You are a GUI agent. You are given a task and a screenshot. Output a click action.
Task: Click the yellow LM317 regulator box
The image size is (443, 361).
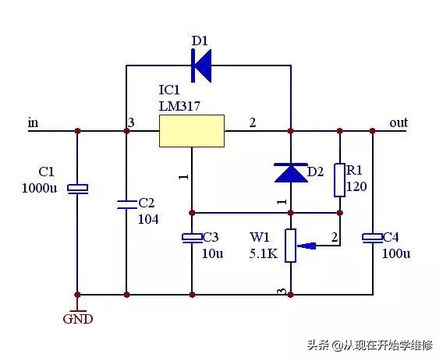pos(192,131)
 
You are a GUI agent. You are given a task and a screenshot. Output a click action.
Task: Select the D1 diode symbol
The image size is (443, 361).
pos(201,65)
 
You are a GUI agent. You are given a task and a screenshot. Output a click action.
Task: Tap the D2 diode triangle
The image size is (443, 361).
pos(291,172)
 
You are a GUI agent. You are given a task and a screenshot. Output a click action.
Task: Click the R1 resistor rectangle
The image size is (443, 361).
pos(339,180)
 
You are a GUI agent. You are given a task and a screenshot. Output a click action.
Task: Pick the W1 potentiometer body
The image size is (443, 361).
pos(290,246)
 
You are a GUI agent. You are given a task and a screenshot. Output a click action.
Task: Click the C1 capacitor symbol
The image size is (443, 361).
pos(77,189)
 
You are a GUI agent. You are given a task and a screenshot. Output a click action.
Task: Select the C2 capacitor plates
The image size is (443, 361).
pos(127,204)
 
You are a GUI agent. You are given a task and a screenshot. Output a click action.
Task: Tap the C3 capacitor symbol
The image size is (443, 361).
pos(192,238)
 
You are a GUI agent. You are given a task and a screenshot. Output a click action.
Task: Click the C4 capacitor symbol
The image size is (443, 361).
pos(372,238)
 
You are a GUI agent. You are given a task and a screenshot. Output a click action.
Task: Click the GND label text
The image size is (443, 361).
pos(78,319)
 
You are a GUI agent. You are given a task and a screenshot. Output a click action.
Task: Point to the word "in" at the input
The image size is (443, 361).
pos(33,123)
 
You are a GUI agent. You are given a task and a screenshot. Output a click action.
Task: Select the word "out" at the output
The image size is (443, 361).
pos(399,122)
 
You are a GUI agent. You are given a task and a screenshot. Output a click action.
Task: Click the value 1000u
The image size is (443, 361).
pos(39,188)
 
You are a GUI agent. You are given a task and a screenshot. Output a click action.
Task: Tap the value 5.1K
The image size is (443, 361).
pos(264,253)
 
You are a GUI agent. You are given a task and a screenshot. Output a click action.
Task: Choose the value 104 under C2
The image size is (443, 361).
pos(148,219)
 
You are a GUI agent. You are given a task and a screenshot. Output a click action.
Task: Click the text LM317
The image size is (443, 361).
pos(179,106)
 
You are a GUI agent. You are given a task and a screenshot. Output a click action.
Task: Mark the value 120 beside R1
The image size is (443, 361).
pos(356,186)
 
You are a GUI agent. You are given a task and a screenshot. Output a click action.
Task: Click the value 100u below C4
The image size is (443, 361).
pos(396,253)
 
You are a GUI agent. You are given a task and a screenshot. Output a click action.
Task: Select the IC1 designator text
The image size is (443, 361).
pos(169,90)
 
